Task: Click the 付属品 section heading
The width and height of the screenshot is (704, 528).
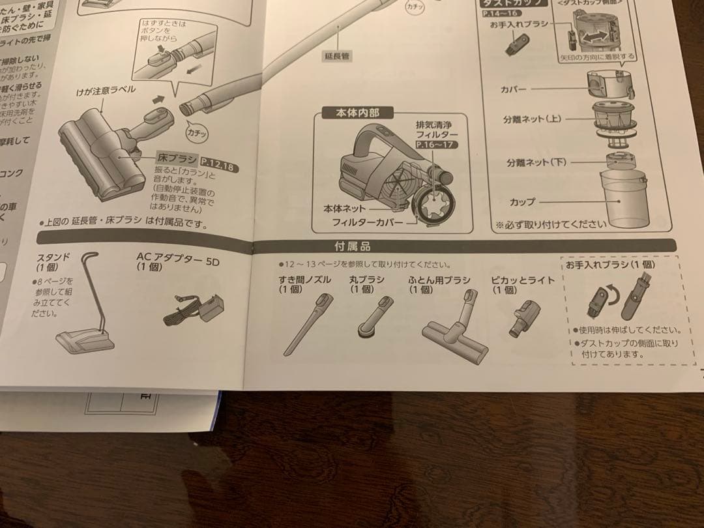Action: [352, 246]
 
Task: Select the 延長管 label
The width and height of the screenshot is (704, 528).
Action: [337, 56]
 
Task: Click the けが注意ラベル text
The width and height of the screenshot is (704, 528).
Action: [106, 90]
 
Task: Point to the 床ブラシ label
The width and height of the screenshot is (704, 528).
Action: [177, 158]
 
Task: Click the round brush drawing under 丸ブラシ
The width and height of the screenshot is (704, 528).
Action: [376, 316]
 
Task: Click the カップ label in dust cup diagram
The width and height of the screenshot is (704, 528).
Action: [523, 203]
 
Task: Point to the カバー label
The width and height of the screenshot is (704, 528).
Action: [514, 89]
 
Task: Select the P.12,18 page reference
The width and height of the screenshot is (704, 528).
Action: [217, 160]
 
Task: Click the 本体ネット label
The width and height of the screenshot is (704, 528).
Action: [345, 209]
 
